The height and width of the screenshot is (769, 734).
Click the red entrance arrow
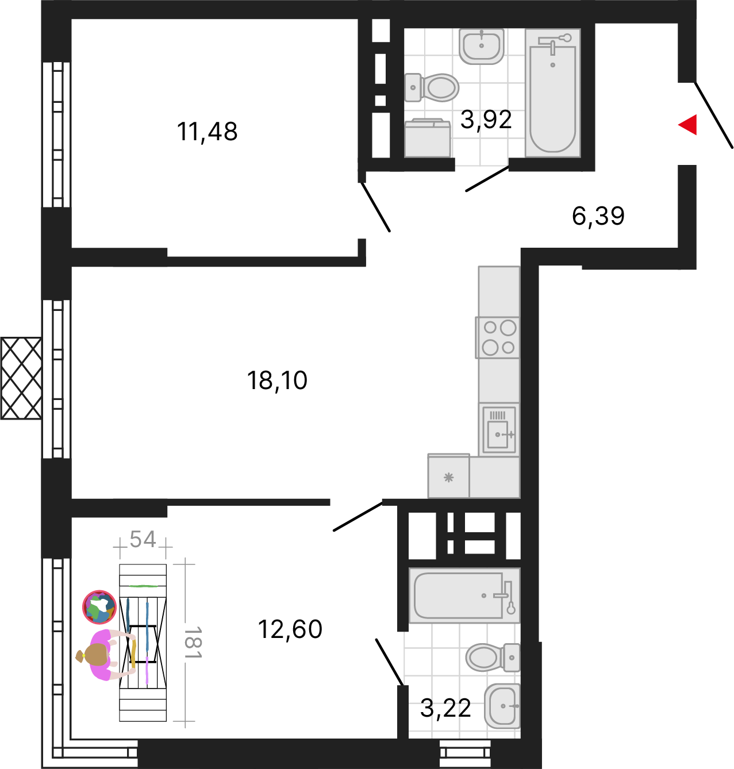(689, 125)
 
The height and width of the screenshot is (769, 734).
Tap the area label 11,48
(207, 132)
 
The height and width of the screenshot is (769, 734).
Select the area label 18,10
(277, 380)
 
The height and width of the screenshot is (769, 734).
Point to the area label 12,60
(290, 629)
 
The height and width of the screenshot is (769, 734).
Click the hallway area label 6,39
(598, 216)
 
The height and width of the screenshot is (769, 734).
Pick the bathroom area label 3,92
(486, 120)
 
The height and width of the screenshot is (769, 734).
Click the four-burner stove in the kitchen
(498, 337)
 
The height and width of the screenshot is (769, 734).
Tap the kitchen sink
(499, 429)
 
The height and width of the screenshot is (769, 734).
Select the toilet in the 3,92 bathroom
(432, 87)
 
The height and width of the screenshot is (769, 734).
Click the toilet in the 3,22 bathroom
(493, 658)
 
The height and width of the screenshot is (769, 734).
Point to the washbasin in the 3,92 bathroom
(481, 46)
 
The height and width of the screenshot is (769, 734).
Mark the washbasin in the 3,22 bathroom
(502, 706)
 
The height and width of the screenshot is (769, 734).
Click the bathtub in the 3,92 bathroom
(552, 93)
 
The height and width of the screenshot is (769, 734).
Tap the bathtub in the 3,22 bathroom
(464, 595)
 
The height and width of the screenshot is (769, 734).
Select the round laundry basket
(99, 607)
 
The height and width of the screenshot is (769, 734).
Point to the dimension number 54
(143, 539)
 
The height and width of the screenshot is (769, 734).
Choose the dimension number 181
(193, 642)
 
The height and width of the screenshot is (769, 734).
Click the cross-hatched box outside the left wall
(21, 378)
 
